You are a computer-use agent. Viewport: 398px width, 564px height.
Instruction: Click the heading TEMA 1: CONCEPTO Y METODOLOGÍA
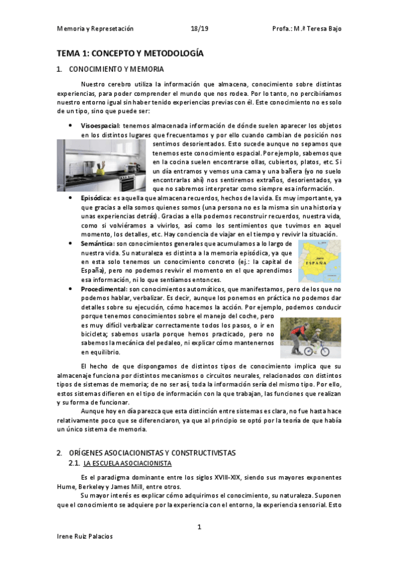click(130, 53)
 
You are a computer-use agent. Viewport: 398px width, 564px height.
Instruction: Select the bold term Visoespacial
click(100, 126)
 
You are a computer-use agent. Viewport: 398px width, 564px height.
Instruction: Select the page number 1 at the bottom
click(199, 527)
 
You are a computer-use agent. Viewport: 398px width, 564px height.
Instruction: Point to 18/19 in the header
click(199, 29)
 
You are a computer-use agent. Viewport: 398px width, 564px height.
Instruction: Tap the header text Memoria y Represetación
click(95, 29)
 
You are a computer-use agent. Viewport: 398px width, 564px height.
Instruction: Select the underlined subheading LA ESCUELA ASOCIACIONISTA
click(128, 463)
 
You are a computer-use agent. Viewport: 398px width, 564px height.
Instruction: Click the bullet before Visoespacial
click(71, 126)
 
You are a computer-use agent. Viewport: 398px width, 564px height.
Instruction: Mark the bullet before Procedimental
click(71, 290)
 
